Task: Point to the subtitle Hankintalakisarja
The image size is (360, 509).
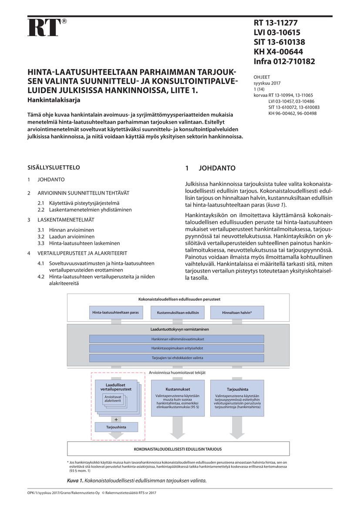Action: pos(54,100)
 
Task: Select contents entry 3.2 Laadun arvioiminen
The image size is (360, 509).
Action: pos(66,236)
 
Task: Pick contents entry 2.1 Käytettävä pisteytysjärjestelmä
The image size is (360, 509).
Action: pos(78,203)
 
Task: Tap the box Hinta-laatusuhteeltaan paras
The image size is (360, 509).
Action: pos(115,313)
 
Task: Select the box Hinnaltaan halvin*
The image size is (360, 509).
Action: pos(237,313)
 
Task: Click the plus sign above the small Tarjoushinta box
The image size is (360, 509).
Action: pos(116,419)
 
